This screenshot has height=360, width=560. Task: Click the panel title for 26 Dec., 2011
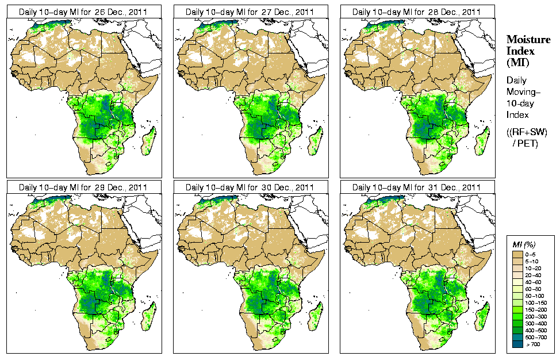tap(83, 12)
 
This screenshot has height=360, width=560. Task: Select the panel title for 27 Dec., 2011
tap(250, 12)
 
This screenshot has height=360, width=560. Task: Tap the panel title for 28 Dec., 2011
tap(417, 12)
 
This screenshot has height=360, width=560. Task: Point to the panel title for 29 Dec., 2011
tap(83, 187)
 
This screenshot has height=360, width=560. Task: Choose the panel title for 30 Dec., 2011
tap(250, 187)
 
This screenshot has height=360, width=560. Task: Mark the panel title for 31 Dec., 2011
tap(417, 187)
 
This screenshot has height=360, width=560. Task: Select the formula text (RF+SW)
tap(527, 132)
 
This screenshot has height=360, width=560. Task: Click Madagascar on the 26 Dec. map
tap(149, 140)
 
